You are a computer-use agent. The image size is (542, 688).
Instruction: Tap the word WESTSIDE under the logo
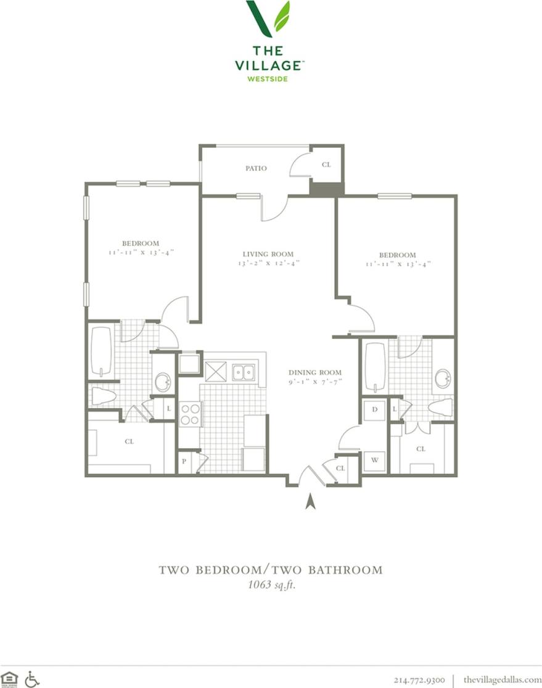[x=268, y=78]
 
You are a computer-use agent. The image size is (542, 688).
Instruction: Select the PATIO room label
[x=256, y=168]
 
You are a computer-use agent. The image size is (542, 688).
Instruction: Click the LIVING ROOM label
[x=268, y=254]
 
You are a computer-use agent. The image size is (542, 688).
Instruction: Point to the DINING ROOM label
[x=315, y=372]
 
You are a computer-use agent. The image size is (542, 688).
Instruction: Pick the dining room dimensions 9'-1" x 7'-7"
[x=315, y=382]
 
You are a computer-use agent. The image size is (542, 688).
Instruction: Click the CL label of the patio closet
[x=326, y=165]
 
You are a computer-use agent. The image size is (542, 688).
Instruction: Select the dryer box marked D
[x=374, y=409]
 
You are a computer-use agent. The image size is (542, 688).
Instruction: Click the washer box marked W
[x=374, y=459]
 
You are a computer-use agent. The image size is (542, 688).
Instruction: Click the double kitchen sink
[x=244, y=372]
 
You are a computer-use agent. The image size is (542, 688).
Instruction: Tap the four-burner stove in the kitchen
[x=190, y=414]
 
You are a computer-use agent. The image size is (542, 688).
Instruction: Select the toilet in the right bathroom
[x=440, y=407]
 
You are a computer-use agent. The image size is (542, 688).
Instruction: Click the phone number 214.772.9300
[x=418, y=679]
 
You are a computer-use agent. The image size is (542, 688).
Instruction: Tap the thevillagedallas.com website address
[x=502, y=679]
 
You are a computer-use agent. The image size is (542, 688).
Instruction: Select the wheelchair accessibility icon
[x=32, y=679]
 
